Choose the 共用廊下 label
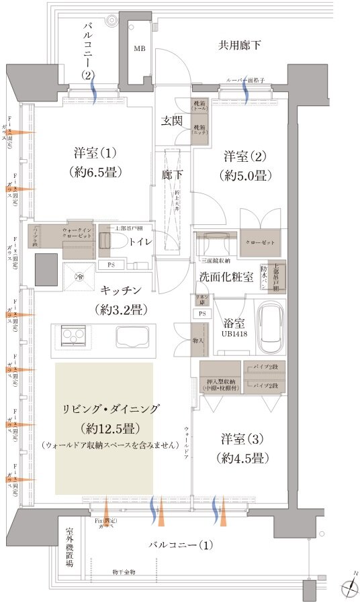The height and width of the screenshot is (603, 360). (x=239, y=46)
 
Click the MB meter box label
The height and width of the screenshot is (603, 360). (x=139, y=49)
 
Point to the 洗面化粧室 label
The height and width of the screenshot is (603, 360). (x=225, y=278)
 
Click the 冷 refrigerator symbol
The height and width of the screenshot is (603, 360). (x=80, y=277)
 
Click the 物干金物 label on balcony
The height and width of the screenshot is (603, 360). (x=124, y=572)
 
